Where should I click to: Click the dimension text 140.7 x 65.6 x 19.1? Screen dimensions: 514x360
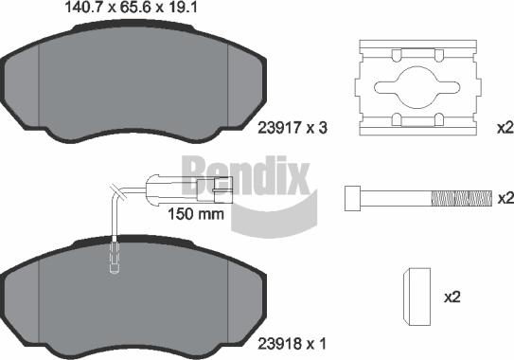pyautogui.click(x=132, y=8)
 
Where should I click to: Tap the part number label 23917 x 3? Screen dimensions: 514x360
pyautogui.click(x=292, y=128)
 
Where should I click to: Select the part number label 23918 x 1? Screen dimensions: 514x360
pyautogui.click(x=292, y=344)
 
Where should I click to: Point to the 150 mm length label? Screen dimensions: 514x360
pyautogui.click(x=196, y=214)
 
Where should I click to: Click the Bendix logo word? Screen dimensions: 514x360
pyautogui.click(x=246, y=175)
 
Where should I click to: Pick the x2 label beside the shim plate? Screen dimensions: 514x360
pyautogui.click(x=505, y=127)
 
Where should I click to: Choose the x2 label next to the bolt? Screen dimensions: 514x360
pyautogui.click(x=505, y=198)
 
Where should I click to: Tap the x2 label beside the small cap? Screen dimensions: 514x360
pyautogui.click(x=452, y=297)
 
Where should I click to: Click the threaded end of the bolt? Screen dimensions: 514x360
pyautogui.click(x=462, y=198)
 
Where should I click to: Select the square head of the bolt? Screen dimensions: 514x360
pyautogui.click(x=352, y=198)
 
